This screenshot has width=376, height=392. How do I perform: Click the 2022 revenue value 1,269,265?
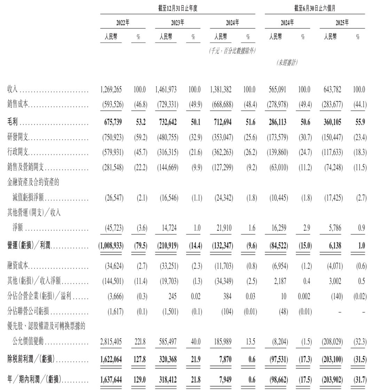pos(111,90)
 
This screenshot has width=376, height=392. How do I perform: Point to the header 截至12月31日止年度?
pos(178,8)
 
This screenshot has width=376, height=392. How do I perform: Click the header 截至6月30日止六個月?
pos(315,8)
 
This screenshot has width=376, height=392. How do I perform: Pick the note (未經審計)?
pos(287,63)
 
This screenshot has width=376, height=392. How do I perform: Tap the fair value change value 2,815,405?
pos(111,342)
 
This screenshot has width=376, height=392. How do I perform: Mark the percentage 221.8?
pos(139,342)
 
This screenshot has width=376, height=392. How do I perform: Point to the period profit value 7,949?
pos(225,379)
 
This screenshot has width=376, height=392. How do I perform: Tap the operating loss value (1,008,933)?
pos(111,246)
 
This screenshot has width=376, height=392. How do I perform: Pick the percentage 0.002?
pos(304,296)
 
